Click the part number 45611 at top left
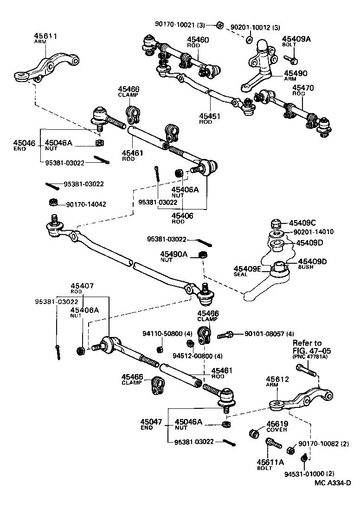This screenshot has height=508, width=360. pyautogui.click(x=45, y=36)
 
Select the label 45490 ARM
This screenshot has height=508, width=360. pyautogui.click(x=295, y=76)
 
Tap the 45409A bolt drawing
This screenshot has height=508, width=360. pyautogui.click(x=290, y=60)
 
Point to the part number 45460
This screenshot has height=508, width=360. pyautogui.click(x=198, y=40)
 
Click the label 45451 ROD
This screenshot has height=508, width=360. pyautogui.click(x=209, y=119)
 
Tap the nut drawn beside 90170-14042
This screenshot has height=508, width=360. pyautogui.click(x=53, y=202)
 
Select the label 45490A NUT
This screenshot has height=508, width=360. pyautogui.click(x=174, y=256)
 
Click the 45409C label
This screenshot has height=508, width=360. pyautogui.click(x=303, y=222)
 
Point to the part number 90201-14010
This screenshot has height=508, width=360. pyautogui.click(x=313, y=232)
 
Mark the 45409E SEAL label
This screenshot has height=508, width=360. pyautogui.click(x=247, y=271)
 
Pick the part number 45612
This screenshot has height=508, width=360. pyautogui.click(x=278, y=379)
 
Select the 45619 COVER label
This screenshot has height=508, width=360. pyautogui.click(x=277, y=426)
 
